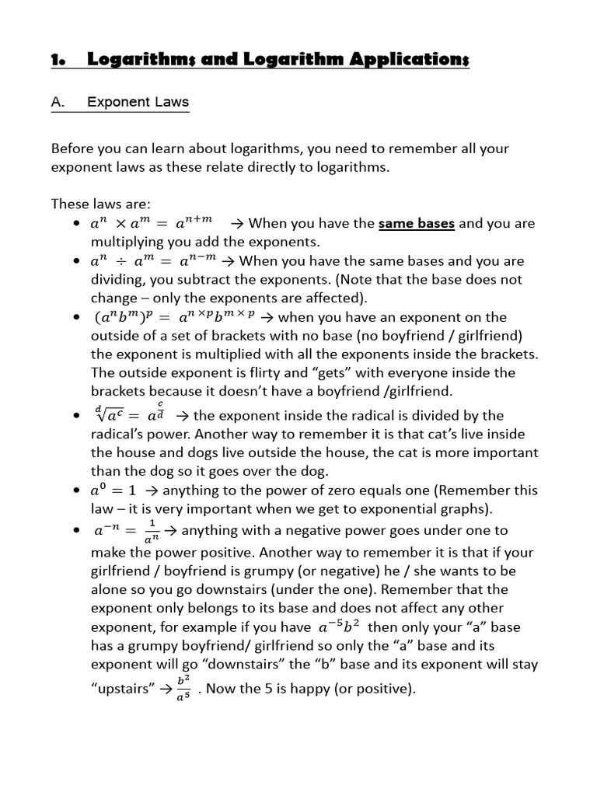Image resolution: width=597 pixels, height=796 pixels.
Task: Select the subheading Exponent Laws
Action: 138,102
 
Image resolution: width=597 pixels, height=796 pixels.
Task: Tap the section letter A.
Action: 57,102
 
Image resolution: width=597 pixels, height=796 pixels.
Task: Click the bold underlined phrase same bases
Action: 416,223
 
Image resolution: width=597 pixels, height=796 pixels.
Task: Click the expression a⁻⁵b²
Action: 338,626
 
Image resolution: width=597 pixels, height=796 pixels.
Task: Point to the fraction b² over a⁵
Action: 183,687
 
